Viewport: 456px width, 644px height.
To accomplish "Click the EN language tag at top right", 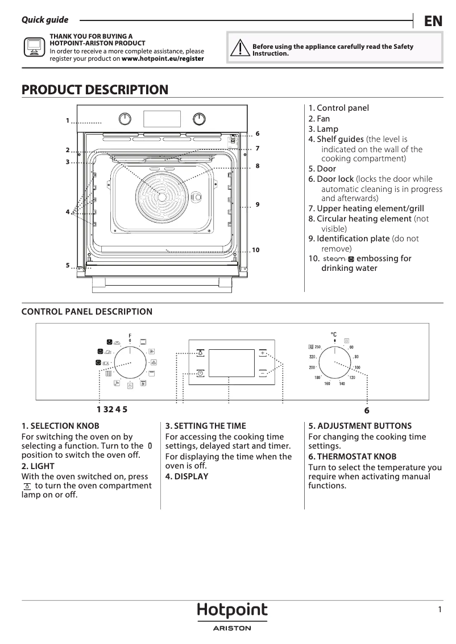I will coord(433,21).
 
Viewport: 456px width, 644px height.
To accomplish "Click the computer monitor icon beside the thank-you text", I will coord(34,47).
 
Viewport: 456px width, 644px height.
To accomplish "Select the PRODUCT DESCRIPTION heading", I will coord(95,90).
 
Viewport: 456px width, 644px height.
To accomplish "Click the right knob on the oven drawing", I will coord(198,119).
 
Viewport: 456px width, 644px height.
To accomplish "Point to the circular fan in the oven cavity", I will coord(161,196).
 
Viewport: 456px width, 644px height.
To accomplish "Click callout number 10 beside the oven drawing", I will coord(255,250).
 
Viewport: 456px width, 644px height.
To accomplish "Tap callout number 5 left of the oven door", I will coord(67,265).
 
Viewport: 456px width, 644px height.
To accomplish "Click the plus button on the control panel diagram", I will coord(263,353).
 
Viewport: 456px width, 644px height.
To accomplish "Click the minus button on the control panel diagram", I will coord(263,373).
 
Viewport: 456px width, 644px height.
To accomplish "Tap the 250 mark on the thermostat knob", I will coord(317,347).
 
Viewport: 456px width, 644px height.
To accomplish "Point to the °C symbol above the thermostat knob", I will coord(334,334).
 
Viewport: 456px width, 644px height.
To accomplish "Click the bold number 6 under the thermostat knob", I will coord(367,410).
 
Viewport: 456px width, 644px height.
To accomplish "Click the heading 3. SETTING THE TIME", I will coord(206,425).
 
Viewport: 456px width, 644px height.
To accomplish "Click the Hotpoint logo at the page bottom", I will coord(232,610).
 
